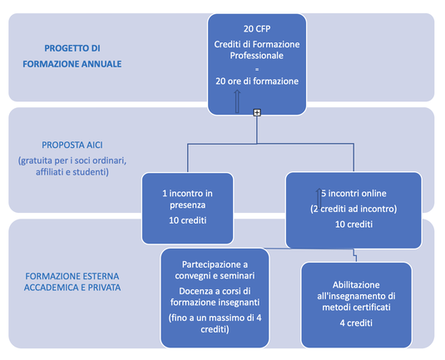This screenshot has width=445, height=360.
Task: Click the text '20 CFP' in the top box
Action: coord(257,29)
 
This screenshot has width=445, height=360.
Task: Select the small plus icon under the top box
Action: coord(257,112)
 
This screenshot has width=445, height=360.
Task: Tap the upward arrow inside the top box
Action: coord(237,101)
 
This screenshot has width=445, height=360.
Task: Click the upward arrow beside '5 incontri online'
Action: coord(319,199)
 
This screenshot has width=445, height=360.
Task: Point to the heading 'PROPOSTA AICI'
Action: coord(72,145)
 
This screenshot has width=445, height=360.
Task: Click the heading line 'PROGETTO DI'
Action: coord(72,48)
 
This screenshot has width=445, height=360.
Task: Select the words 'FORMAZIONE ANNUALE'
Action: coord(72,64)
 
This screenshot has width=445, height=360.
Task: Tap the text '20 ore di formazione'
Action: coord(257,81)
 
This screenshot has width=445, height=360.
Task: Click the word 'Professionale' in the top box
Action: coord(256,56)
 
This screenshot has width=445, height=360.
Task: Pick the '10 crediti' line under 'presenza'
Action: coord(188,220)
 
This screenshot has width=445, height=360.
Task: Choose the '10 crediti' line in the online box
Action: coord(354,224)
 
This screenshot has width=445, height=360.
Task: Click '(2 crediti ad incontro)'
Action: coord(354,209)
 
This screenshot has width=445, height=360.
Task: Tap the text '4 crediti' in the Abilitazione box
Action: coord(356,323)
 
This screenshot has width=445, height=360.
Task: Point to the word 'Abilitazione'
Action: coord(356,285)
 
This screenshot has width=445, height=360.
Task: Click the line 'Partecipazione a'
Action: coord(215,264)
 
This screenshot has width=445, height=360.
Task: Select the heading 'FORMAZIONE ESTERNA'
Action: coord(72,276)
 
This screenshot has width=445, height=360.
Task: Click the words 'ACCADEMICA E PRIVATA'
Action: coord(72,288)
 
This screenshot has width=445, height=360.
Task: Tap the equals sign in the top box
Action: coord(257,69)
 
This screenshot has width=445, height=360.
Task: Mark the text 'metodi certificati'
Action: coord(356,308)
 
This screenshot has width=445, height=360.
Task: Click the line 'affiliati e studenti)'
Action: coord(72,172)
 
